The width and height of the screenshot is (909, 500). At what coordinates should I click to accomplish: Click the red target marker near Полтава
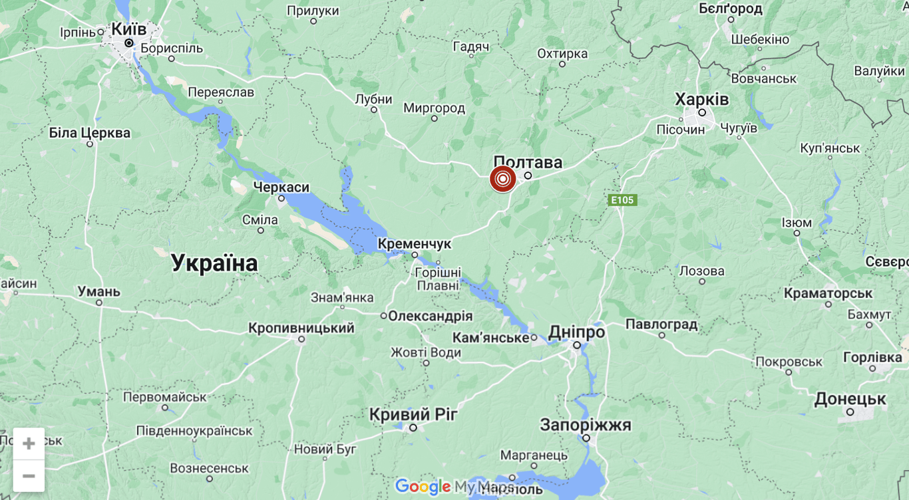pyautogui.click(x=502, y=179)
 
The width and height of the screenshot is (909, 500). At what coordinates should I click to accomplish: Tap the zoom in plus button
pyautogui.click(x=29, y=443)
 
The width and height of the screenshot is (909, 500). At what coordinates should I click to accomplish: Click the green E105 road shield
pyautogui.click(x=623, y=199)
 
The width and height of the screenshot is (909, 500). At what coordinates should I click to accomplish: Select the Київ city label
pyautogui.click(x=129, y=29)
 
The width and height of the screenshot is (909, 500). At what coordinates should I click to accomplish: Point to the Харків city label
pyautogui.click(x=701, y=100)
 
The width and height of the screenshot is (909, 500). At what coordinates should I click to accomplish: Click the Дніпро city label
pyautogui.click(x=576, y=332)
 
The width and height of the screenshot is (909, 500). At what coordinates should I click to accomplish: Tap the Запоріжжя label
pyautogui.click(x=586, y=424)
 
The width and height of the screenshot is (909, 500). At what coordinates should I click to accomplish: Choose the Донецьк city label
pyautogui.click(x=850, y=399)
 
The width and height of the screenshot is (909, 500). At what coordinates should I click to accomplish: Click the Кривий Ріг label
pyautogui.click(x=413, y=414)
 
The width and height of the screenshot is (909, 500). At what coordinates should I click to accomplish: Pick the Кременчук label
pyautogui.click(x=414, y=244)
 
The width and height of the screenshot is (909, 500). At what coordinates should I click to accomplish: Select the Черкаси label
pyautogui.click(x=281, y=187)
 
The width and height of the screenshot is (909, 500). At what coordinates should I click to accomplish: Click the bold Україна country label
pyautogui.click(x=214, y=263)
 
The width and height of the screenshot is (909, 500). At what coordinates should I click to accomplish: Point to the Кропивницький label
pyautogui.click(x=301, y=328)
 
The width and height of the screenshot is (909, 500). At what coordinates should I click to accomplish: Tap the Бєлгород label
pyautogui.click(x=730, y=9)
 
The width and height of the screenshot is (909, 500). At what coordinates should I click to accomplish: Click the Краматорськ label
pyautogui.click(x=828, y=293)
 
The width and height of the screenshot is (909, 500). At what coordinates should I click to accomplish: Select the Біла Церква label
pyautogui.click(x=90, y=133)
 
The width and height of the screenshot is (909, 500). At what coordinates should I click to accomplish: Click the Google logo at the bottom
pyautogui.click(x=423, y=487)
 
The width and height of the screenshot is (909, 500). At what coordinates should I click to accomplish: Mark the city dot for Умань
pyautogui.click(x=99, y=303)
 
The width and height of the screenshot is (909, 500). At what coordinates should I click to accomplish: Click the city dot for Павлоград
pyautogui.click(x=662, y=335)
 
